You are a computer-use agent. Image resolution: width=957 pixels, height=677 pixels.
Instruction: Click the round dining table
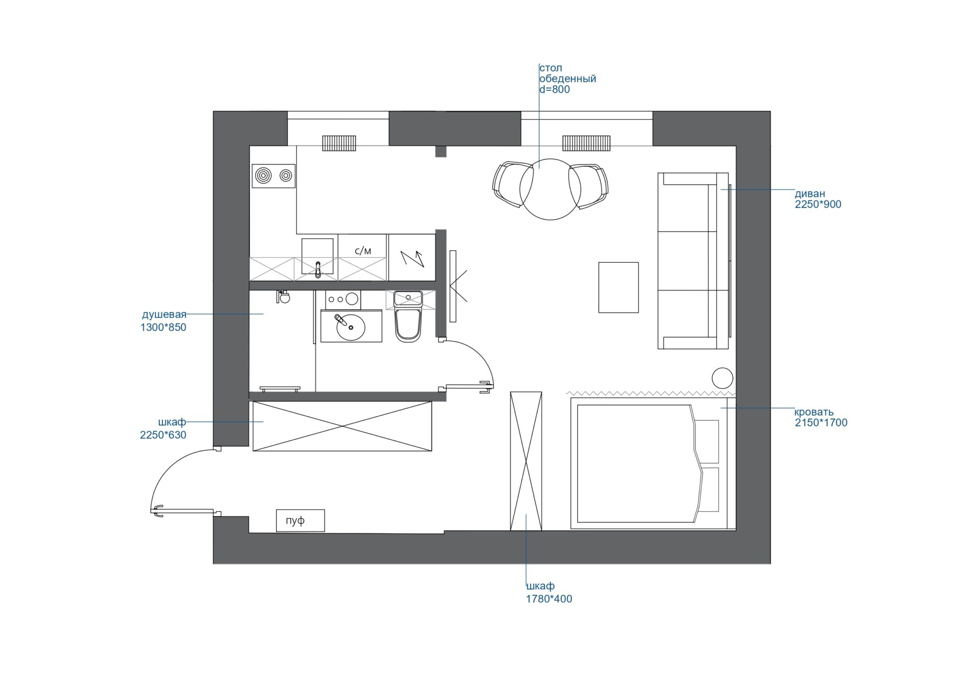click(550, 189)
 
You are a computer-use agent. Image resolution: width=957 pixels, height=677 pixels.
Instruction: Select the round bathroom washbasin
click(351, 327)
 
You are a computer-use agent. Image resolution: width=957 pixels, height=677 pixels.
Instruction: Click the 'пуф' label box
click(300, 520)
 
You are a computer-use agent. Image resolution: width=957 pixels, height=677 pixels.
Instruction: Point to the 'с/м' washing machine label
click(363, 251)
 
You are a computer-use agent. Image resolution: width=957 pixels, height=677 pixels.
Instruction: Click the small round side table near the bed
click(722, 378)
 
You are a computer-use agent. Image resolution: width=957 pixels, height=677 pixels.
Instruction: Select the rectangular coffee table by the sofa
click(619, 288)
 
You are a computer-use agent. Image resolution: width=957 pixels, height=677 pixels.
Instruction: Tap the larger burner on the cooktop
click(263, 175)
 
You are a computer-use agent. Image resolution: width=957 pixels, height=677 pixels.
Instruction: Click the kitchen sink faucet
click(318, 269)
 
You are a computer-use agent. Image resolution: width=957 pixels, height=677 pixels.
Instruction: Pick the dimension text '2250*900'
click(818, 204)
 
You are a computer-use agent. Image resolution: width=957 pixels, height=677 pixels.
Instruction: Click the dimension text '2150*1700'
click(821, 423)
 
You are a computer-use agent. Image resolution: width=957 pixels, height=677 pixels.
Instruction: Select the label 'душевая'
click(164, 315)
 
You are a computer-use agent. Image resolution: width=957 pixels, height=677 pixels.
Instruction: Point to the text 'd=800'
click(554, 90)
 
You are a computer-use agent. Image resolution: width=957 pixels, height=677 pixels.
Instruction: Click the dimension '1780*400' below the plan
click(549, 599)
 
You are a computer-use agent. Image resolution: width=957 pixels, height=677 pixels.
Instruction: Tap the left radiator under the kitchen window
click(339, 143)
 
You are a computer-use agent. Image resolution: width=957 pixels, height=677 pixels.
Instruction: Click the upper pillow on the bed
click(707, 442)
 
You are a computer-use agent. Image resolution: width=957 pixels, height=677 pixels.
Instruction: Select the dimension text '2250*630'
click(163, 435)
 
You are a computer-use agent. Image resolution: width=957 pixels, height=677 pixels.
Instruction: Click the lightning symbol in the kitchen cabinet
click(413, 259)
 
